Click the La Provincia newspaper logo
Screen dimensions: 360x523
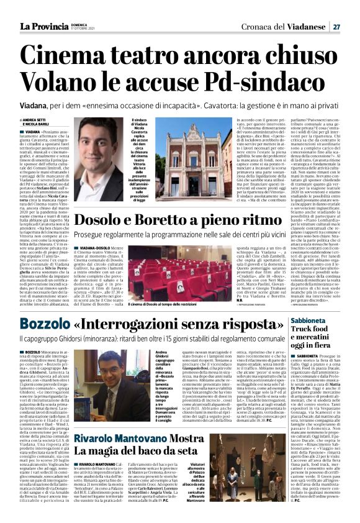pyautogui.click(x=44, y=26)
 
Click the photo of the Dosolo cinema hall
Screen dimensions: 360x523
pyautogui.click(x=163, y=270)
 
